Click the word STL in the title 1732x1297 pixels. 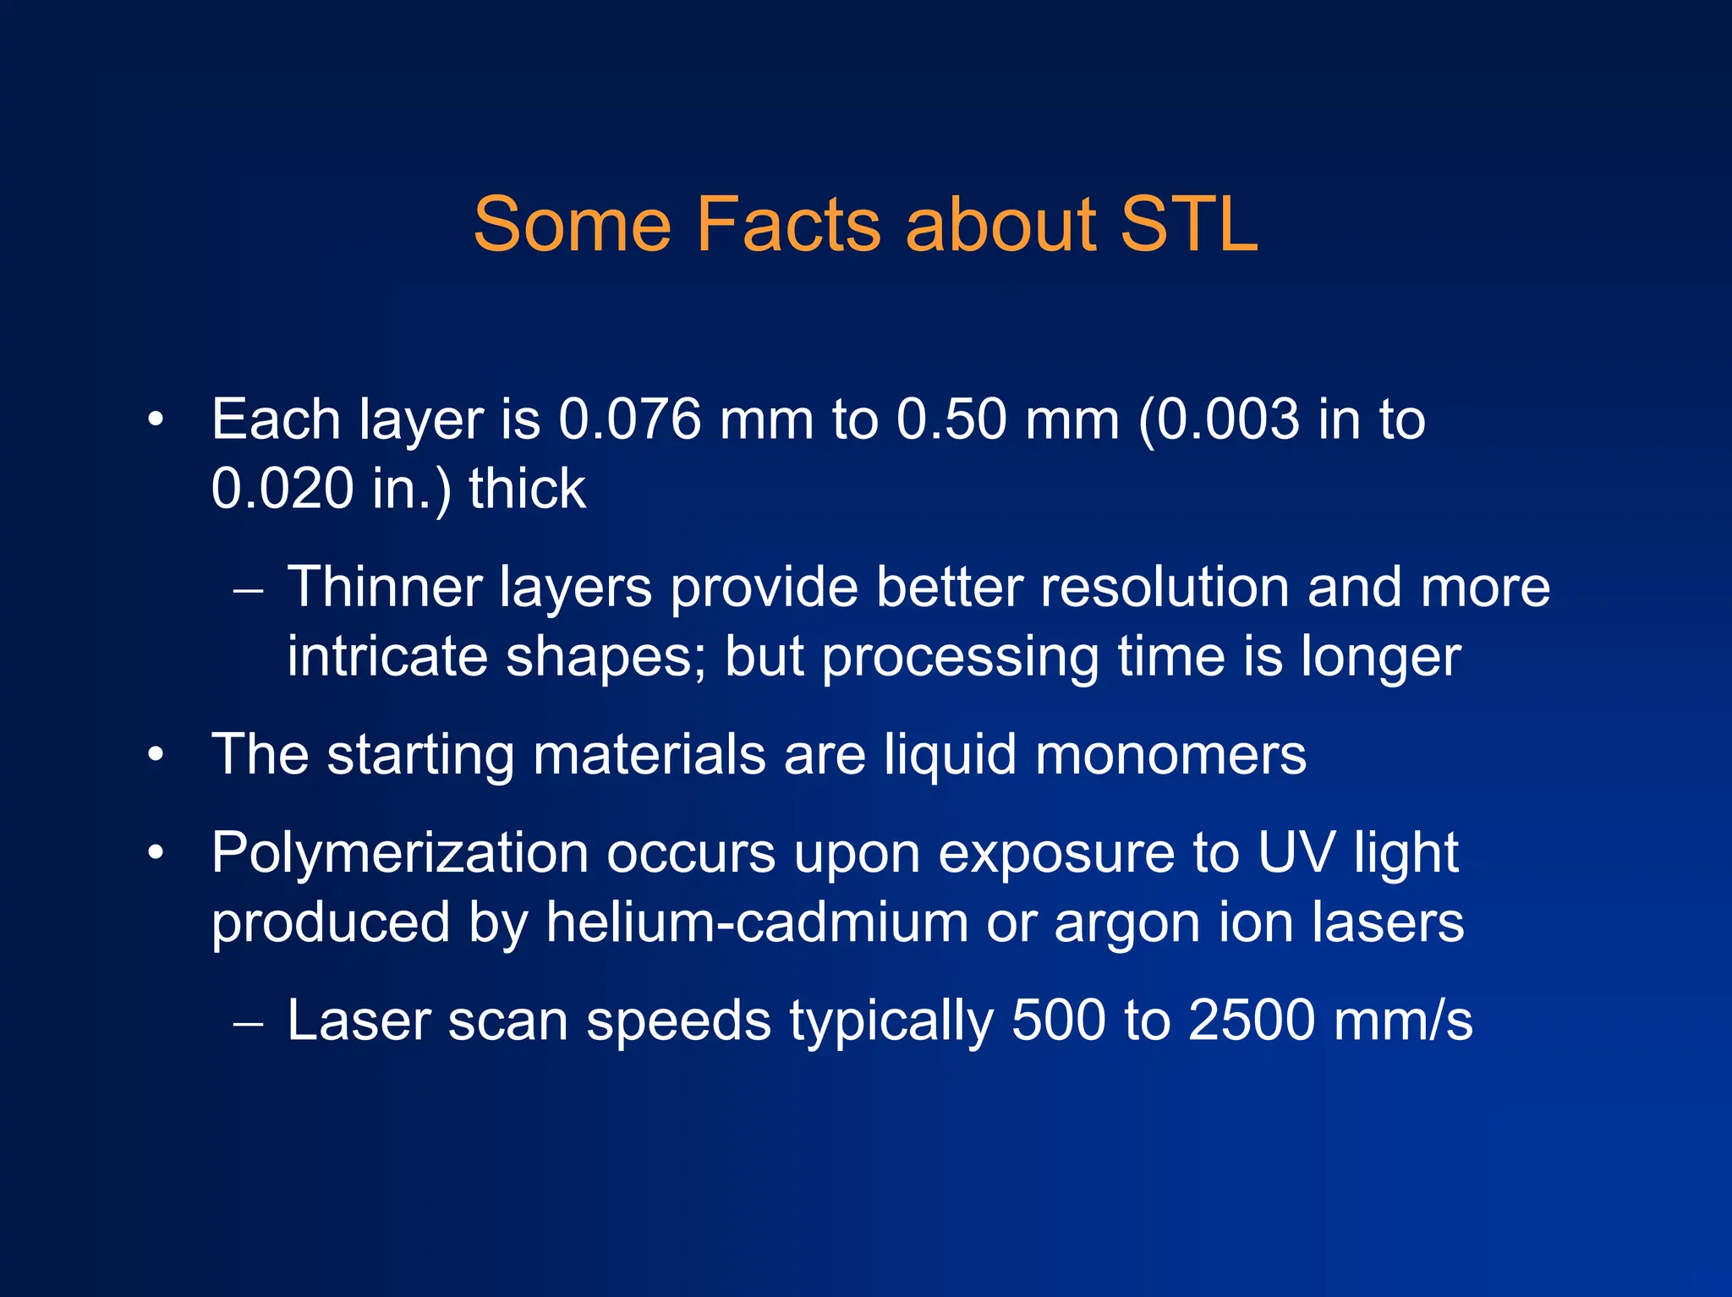click(x=1188, y=225)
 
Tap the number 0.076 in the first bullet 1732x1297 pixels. click(x=630, y=419)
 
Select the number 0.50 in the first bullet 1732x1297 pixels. click(x=951, y=419)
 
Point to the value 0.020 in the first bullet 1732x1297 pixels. click(x=282, y=489)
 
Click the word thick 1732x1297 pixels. click(x=527, y=489)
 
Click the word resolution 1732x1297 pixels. click(x=1165, y=587)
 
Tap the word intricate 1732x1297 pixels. click(x=387, y=656)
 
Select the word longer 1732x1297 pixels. click(x=1380, y=658)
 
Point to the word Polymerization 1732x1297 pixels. click(x=399, y=854)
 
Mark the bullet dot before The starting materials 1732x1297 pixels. click(x=155, y=754)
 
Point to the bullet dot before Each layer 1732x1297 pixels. click(x=155, y=420)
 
